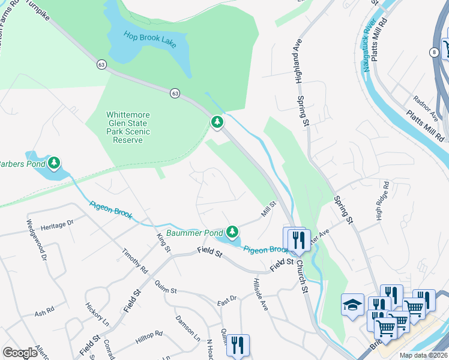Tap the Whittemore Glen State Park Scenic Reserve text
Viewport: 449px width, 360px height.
[x=128, y=127]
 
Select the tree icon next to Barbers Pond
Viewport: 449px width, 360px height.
[x=54, y=163]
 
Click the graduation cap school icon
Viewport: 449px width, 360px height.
[x=352, y=305]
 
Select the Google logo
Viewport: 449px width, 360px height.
[x=20, y=352]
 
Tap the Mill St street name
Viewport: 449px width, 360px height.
[x=268, y=209]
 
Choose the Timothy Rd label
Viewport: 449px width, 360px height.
[x=135, y=261]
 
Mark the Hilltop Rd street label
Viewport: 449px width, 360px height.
[x=149, y=337]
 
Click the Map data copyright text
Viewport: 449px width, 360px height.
[x=423, y=355]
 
